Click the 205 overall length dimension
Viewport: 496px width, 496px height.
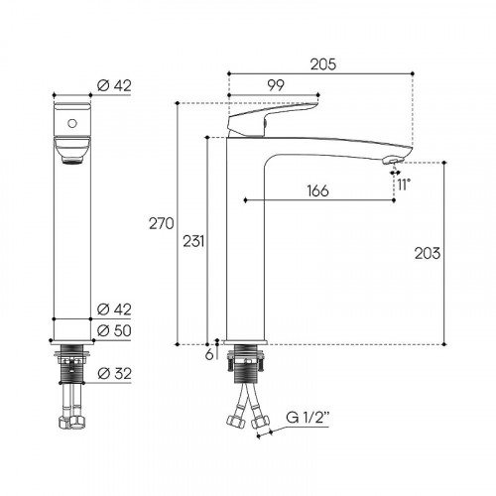click(323, 64)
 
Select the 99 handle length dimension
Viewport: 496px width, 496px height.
click(276, 85)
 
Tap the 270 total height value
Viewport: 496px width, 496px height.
click(161, 224)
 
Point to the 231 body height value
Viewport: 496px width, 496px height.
click(193, 241)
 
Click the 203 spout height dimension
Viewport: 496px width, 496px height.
click(428, 253)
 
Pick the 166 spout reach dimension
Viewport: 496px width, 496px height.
click(317, 190)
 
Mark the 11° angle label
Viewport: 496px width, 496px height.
click(404, 185)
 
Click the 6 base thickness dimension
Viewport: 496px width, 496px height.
click(209, 355)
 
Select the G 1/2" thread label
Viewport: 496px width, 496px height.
click(308, 418)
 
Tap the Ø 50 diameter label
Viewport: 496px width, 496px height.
click(114, 330)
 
